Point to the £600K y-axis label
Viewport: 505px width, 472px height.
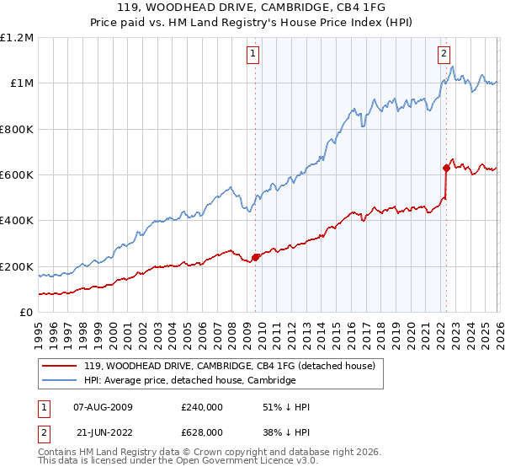pos(17,175)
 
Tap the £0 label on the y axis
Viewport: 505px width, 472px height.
pos(25,312)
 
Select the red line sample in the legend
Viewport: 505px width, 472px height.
pos(61,366)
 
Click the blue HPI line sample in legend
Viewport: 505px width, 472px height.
pos(61,380)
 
